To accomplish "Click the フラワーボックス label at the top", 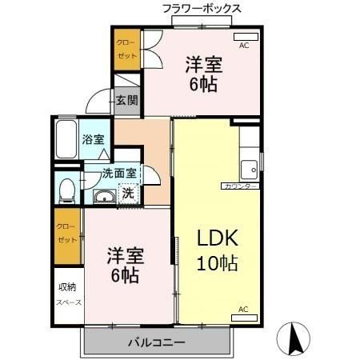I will (x=202, y=9).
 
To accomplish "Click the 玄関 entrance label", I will (x=126, y=100).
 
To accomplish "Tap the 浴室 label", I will (x=93, y=139).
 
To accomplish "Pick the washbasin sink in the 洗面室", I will (x=102, y=198).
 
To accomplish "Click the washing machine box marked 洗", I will (x=126, y=192).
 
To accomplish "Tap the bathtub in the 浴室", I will (x=66, y=141).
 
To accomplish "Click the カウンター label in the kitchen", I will (x=239, y=186).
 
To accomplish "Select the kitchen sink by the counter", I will (x=250, y=169).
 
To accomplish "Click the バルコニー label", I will (x=157, y=342).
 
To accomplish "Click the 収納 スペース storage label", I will (x=66, y=294).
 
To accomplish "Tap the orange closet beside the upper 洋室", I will (x=126, y=50).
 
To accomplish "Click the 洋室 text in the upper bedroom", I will (x=204, y=63).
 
